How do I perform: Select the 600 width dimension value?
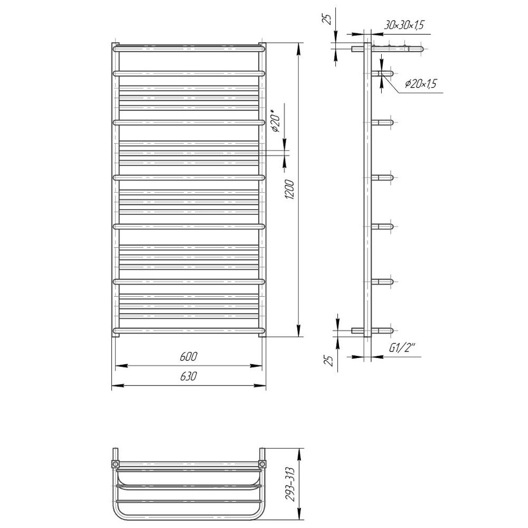point(188,356)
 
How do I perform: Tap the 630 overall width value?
point(188,376)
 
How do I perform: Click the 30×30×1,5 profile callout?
point(404,25)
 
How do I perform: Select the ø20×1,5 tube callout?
point(421,83)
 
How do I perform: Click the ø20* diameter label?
point(276,120)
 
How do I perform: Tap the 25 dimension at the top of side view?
point(327,19)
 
